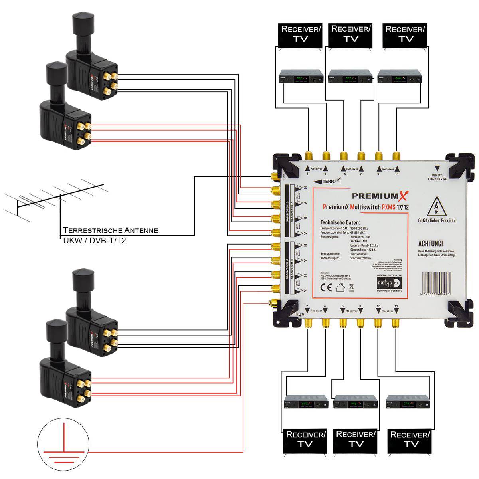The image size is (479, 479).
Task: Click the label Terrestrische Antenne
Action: tap(111, 230)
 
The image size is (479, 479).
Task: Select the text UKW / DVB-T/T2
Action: tap(95, 241)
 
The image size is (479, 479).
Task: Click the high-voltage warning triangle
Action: tap(436, 207)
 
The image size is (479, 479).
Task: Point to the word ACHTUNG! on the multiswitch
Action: tap(430, 243)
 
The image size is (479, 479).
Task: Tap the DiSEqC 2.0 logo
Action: tap(388, 283)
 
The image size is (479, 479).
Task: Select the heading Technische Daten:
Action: tap(340, 222)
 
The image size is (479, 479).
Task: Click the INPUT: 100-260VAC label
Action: tap(437, 177)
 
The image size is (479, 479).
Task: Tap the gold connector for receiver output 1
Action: tap(309, 155)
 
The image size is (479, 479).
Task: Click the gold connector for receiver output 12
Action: tap(396, 323)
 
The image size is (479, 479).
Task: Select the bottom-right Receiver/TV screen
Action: tap(410, 439)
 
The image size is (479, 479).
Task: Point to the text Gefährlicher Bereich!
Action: tap(437, 220)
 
